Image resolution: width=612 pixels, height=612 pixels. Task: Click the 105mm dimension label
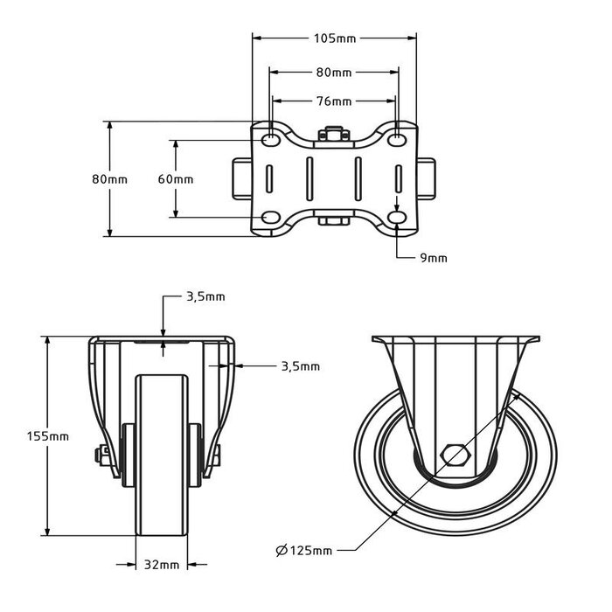point(335,38)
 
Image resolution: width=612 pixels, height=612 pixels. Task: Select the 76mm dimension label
point(335,101)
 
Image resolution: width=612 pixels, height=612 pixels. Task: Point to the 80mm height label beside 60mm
point(110,179)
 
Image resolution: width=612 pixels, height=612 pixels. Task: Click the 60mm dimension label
point(176,179)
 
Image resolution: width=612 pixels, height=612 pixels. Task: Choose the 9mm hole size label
point(434,258)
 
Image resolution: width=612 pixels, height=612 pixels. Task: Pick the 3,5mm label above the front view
point(205,296)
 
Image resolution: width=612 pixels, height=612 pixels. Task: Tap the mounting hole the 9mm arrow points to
point(399,217)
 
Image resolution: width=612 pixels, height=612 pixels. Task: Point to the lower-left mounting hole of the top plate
point(271,217)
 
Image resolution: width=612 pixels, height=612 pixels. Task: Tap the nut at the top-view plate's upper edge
point(335,136)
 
